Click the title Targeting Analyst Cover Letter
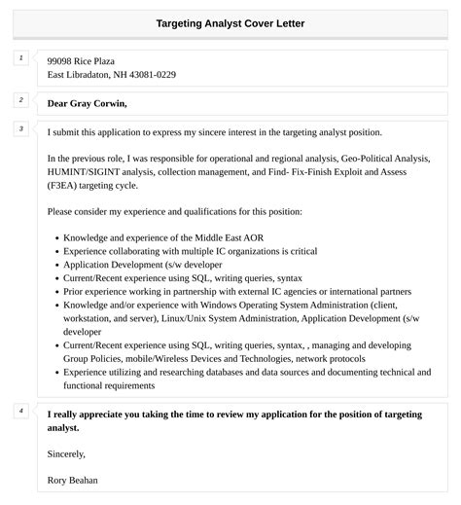tap(230, 22)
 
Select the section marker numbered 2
tap(21, 100)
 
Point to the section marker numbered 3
tap(21, 129)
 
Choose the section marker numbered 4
tap(21, 411)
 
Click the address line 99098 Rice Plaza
tap(88, 60)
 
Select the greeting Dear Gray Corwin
tap(87, 103)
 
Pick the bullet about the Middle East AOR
tap(163, 237)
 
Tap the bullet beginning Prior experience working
tap(237, 291)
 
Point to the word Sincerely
tap(66, 453)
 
